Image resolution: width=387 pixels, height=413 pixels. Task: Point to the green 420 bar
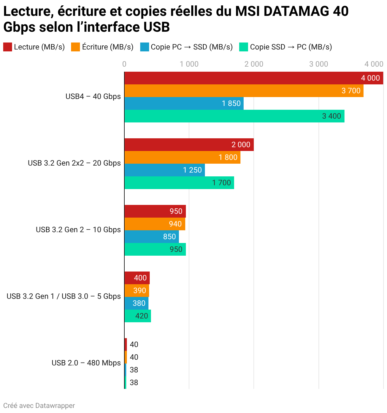click(138, 316)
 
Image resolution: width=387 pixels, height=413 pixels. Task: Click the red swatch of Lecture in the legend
click(8, 47)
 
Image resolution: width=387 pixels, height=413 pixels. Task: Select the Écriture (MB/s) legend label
click(108, 47)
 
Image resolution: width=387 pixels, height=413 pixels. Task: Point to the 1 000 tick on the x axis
click(189, 64)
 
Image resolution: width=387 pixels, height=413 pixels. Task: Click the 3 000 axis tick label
click(318, 64)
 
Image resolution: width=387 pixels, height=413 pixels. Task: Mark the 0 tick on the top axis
click(124, 64)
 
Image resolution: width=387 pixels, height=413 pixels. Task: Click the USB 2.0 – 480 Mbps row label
click(86, 363)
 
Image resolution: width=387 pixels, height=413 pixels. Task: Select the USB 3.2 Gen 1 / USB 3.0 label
click(63, 296)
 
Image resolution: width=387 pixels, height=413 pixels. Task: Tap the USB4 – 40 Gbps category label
click(93, 96)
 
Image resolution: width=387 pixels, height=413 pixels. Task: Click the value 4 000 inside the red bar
click(370, 78)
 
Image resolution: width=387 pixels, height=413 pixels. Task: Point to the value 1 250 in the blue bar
click(192, 170)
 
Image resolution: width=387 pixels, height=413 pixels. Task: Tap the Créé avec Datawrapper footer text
click(39, 406)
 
